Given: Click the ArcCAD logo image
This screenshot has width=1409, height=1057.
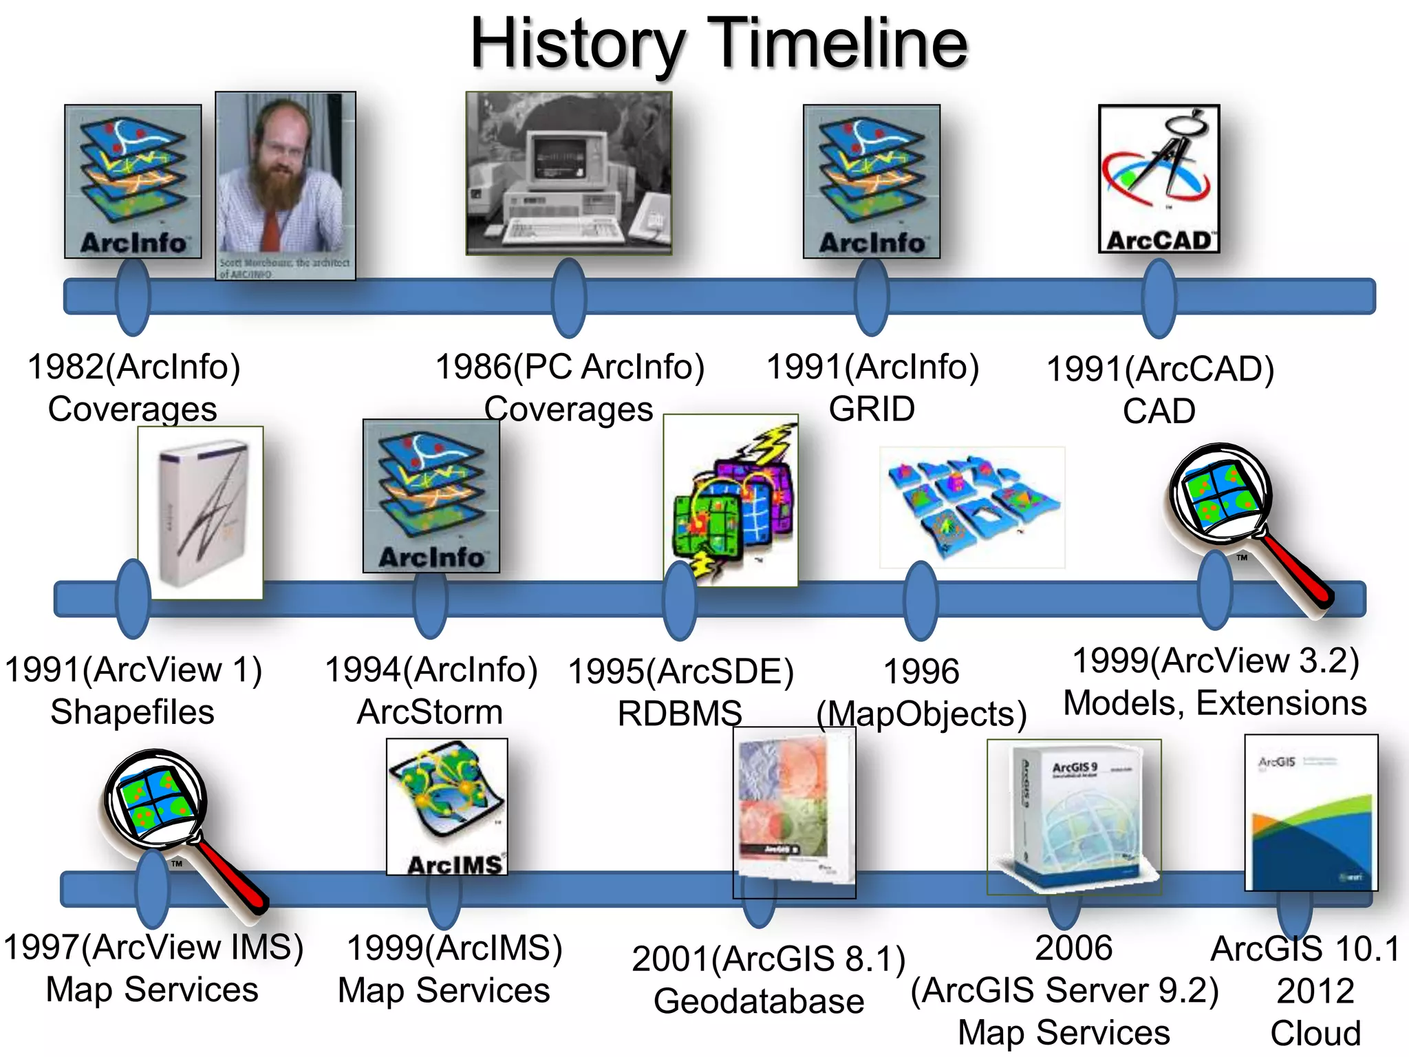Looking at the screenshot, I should pyautogui.click(x=1159, y=179).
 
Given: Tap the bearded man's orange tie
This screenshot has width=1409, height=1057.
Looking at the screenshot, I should pyautogui.click(x=270, y=228).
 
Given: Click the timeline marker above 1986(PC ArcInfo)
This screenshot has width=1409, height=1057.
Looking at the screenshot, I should pyautogui.click(x=568, y=297).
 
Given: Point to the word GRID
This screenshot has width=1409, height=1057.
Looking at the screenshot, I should pyautogui.click(x=872, y=409).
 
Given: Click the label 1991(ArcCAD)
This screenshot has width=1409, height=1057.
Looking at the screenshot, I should pyautogui.click(x=1160, y=369).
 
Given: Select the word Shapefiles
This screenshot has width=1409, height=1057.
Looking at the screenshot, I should pyautogui.click(x=132, y=712).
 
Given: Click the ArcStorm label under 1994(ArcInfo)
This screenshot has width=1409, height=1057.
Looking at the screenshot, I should pyautogui.click(x=430, y=712).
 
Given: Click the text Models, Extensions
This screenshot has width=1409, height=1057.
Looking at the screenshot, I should pyautogui.click(x=1215, y=703).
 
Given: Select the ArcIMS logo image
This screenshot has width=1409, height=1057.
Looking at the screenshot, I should pyautogui.click(x=447, y=807).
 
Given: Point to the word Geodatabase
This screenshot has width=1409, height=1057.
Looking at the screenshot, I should pyautogui.click(x=759, y=1001).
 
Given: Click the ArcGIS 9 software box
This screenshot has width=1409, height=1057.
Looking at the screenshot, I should pyautogui.click(x=1073, y=817).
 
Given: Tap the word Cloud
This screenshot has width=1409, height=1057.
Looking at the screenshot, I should pyautogui.click(x=1315, y=1033).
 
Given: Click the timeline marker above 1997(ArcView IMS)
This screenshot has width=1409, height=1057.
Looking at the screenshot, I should pyautogui.click(x=153, y=889).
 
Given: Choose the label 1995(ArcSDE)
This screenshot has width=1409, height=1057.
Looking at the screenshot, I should pyautogui.click(x=680, y=672).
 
